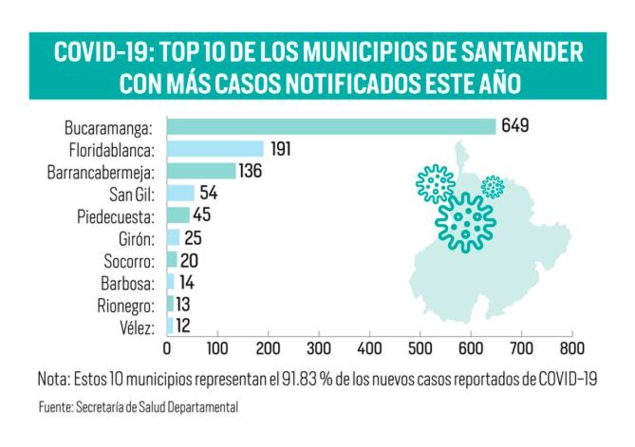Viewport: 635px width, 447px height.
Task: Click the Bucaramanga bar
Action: (331, 127)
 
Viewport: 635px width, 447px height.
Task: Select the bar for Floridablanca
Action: (215, 149)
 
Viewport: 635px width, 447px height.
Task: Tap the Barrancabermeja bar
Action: (201, 171)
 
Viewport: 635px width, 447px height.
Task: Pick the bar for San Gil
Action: (180, 193)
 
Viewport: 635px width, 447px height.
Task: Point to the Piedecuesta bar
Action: (178, 216)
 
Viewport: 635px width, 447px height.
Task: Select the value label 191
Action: (280, 149)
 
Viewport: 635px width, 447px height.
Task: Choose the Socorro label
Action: (130, 261)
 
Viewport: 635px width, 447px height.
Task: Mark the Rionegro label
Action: (126, 306)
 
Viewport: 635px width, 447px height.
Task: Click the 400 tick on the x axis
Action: (369, 349)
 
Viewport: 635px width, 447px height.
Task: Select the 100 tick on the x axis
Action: (217, 349)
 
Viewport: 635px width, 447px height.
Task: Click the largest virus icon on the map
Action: (465, 221)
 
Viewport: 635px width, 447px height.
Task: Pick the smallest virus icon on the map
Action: (493, 187)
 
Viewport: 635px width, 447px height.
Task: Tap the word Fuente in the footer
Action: (56, 408)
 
